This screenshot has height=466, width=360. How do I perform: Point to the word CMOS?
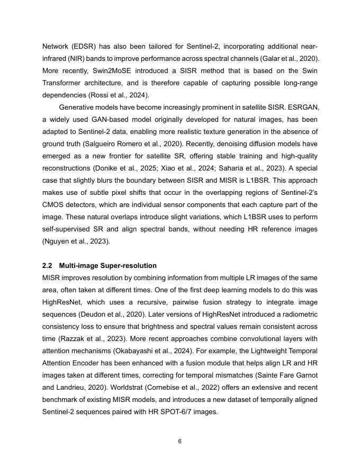53,205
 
